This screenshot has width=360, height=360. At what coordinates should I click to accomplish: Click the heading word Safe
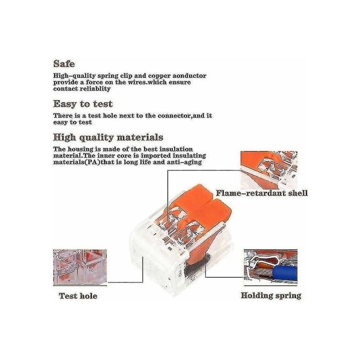point(64,63)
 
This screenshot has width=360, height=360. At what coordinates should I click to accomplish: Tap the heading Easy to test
point(83,104)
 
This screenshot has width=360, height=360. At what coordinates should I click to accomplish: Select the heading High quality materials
point(108,138)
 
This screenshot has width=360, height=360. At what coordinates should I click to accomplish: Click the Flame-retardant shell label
point(262,193)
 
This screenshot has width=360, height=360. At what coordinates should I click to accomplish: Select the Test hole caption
point(78,296)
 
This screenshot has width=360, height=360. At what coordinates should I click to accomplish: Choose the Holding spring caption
point(271,296)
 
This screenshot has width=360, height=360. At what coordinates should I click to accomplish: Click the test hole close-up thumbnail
point(80,267)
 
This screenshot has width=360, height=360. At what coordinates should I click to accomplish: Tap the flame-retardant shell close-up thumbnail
point(269,170)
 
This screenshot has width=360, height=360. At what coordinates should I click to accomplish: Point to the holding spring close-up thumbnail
point(271,267)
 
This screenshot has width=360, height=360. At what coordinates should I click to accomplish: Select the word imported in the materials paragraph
point(155,156)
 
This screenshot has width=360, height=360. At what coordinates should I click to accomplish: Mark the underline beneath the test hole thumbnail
point(80,286)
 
